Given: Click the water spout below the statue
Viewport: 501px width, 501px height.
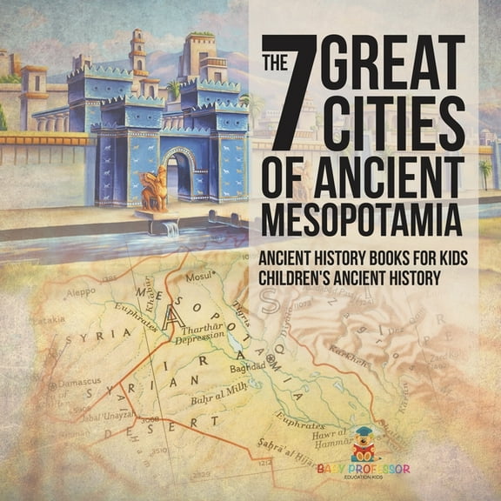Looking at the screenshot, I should pos(168,229).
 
